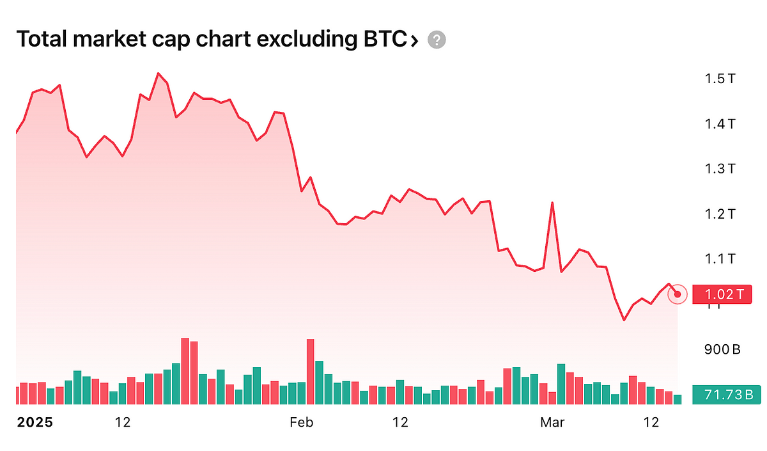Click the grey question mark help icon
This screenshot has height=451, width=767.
click(437, 40)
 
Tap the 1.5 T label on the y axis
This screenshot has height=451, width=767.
click(720, 79)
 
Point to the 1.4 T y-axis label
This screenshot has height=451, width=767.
click(720, 123)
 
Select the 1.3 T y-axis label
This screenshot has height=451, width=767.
click(720, 169)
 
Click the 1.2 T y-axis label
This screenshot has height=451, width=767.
click(720, 214)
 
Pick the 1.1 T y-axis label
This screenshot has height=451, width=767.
click(720, 259)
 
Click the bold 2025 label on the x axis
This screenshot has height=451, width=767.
click(35, 422)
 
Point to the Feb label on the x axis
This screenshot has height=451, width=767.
click(302, 422)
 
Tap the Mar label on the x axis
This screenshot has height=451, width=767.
click(553, 422)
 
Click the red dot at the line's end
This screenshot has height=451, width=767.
click(678, 294)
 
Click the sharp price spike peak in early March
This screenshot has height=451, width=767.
click(552, 203)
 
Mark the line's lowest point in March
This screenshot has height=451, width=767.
click(624, 320)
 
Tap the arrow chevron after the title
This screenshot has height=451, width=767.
click(414, 41)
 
